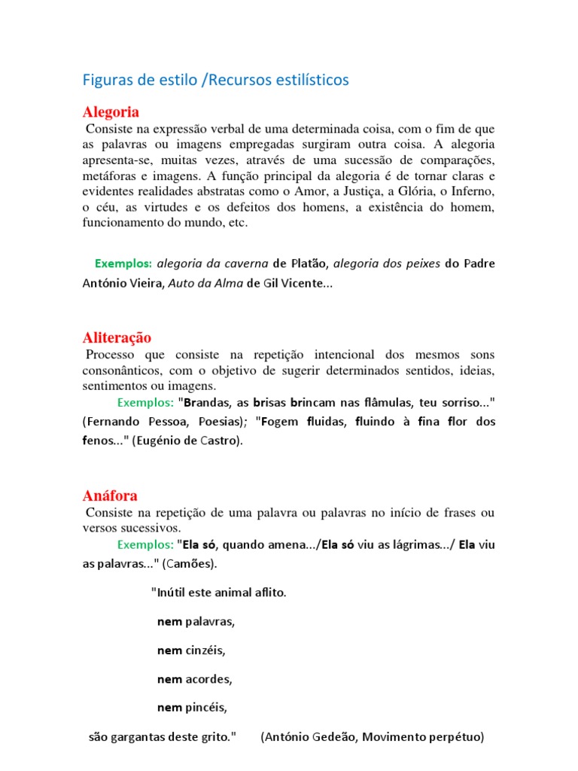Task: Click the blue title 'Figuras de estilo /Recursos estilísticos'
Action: [x=215, y=80]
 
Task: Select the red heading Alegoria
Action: [x=111, y=112]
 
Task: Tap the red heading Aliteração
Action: [x=117, y=337]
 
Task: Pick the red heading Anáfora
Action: [x=110, y=495]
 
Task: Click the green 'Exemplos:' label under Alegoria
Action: [x=123, y=264]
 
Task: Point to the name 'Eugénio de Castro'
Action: [x=188, y=441]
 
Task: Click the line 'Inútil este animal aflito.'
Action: [x=219, y=593]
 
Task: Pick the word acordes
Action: [x=208, y=679]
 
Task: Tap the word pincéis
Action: [x=206, y=708]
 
